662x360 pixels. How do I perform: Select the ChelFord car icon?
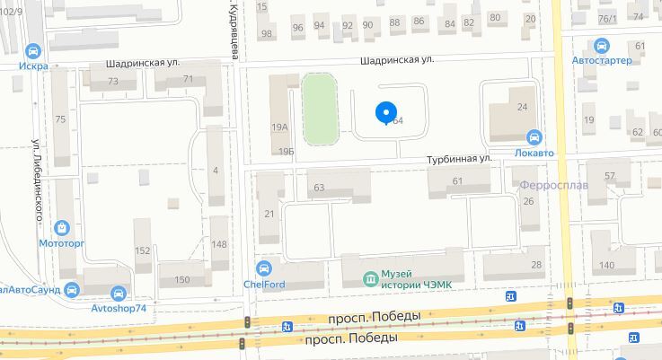tap(263, 268)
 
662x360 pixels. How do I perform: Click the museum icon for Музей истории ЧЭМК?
tap(370, 278)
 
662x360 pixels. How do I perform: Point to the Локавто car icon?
tap(534, 138)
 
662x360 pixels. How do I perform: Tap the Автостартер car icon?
tap(602, 46)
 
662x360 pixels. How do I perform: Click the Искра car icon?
tap(34, 51)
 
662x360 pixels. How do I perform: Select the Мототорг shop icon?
tap(62, 229)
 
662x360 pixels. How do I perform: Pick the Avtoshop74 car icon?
tap(119, 293)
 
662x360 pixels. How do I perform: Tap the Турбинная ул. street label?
tap(459, 158)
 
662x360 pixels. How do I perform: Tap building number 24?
tap(522, 107)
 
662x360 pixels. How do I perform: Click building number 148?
tap(219, 244)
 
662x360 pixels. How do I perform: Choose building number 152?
tap(143, 250)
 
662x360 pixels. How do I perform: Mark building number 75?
tap(61, 120)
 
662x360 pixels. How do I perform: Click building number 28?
tap(536, 264)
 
